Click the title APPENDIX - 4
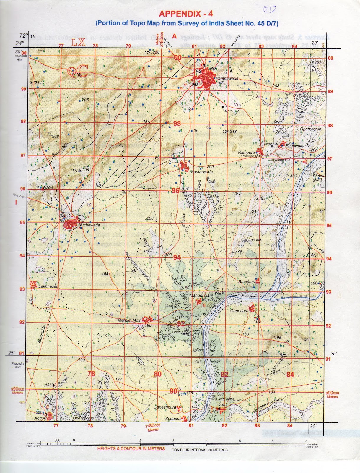[185, 14]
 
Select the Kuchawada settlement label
[89, 225]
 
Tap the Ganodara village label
[239, 311]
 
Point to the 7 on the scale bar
[306, 441]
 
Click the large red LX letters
[78, 43]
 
